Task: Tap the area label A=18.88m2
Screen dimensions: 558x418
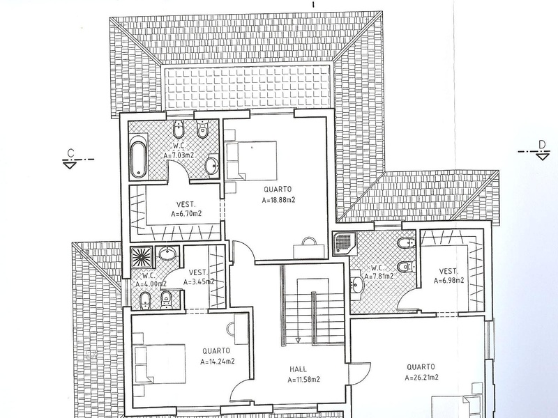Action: point(278,200)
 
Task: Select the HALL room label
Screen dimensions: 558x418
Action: point(298,369)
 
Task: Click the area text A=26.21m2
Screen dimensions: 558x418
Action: point(422,377)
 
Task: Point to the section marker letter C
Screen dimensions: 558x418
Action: point(71,153)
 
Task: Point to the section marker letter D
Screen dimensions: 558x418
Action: point(542,145)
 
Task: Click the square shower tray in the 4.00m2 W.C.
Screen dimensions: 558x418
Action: point(141,257)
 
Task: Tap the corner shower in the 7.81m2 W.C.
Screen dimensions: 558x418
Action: point(345,243)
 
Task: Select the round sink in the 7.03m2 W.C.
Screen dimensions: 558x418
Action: point(212,165)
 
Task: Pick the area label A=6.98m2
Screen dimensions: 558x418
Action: point(448,281)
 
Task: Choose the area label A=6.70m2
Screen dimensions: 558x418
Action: point(186,214)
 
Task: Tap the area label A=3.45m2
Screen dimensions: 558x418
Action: point(199,282)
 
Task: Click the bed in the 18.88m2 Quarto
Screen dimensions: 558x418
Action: point(251,160)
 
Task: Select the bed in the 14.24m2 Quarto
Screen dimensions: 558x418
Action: point(160,363)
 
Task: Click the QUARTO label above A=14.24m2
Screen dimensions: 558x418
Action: point(216,351)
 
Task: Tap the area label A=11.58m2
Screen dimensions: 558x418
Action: point(303,380)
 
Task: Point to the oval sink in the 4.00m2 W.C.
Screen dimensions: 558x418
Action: point(167,254)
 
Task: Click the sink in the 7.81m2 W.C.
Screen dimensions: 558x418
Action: point(356,284)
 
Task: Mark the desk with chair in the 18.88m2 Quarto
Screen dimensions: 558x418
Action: point(309,248)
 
